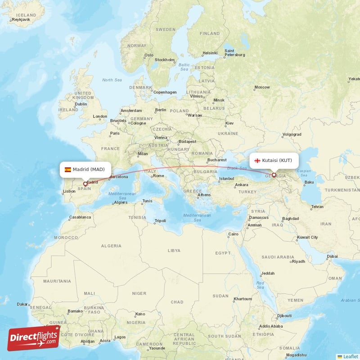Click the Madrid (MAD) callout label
point(85,170)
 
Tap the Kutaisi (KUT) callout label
point(274,160)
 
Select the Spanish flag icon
point(68,170)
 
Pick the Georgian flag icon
point(258,161)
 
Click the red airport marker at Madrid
point(85,184)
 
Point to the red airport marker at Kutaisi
point(274,175)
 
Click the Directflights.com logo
point(34,337)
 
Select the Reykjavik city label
point(20,20)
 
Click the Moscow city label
point(262,87)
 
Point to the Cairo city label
point(233,234)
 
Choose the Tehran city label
point(317,207)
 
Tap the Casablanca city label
point(80,217)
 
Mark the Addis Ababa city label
point(270,326)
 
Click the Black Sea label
point(238,168)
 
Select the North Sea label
point(112,80)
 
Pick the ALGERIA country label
point(111,246)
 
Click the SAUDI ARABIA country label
point(279,257)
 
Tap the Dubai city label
point(332,256)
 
